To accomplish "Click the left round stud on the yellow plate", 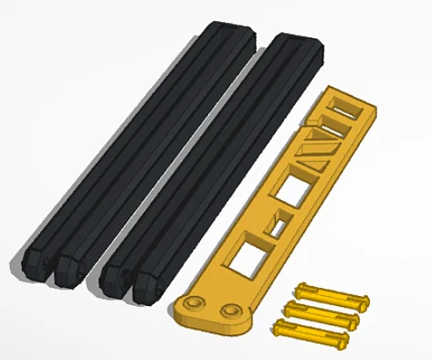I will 194,302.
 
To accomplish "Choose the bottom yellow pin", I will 311,333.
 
